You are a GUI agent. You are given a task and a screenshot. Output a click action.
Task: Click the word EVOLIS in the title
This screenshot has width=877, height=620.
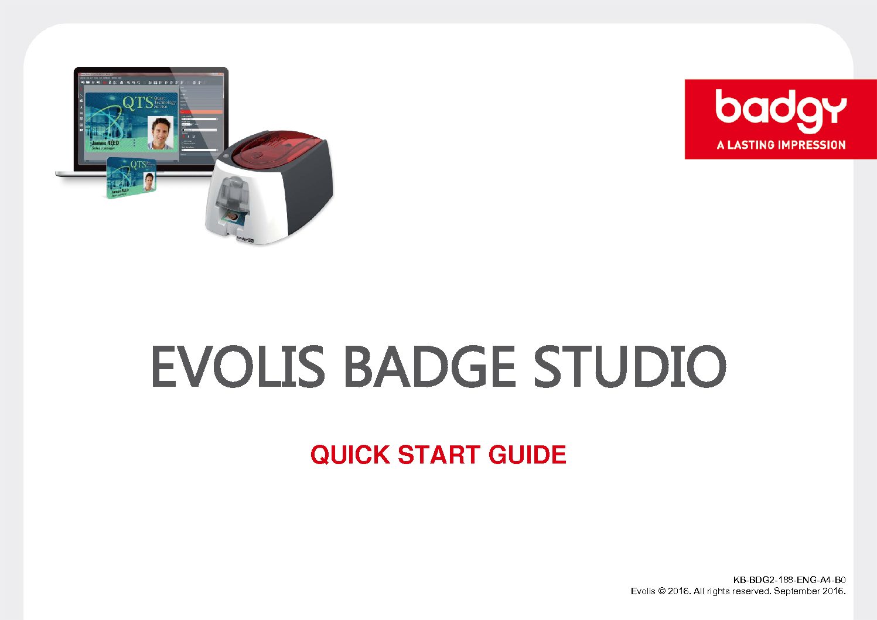pyautogui.click(x=237, y=366)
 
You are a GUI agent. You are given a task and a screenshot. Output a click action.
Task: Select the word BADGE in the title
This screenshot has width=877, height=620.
pyautogui.click(x=429, y=366)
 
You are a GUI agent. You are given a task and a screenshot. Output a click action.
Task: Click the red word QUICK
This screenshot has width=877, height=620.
pyautogui.click(x=350, y=455)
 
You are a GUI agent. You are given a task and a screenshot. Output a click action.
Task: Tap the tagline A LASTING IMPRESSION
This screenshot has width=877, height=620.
pyautogui.click(x=781, y=145)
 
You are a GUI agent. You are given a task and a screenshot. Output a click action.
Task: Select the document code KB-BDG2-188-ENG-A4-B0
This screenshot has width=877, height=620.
pyautogui.click(x=789, y=580)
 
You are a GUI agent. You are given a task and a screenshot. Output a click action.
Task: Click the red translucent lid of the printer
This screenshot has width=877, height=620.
pyautogui.click(x=275, y=154)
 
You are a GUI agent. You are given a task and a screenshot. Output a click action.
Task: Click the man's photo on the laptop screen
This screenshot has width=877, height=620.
pyautogui.click(x=161, y=133)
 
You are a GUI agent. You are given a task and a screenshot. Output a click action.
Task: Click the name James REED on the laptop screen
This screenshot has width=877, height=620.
pyautogui.click(x=105, y=142)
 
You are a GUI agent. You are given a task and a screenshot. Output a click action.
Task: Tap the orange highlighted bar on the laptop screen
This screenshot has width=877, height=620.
pyautogui.click(x=201, y=111)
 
